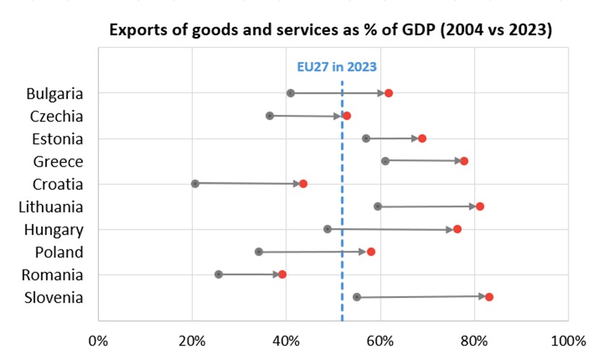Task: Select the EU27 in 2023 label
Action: coord(337,67)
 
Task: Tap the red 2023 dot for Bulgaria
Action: coord(389,93)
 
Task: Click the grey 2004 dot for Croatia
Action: coord(195,184)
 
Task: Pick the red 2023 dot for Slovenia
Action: coord(489,297)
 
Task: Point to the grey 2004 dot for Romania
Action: coord(218,275)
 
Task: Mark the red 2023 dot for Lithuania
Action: coord(480,207)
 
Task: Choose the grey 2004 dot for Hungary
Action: coord(327,229)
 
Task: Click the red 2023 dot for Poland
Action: coord(371,252)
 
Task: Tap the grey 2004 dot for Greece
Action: coord(385,160)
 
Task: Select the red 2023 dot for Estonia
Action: coord(422,138)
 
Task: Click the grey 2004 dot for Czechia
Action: coord(270,116)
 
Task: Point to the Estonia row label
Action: coord(57,139)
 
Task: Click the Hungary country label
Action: coord(53,230)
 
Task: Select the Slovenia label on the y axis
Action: coord(53,298)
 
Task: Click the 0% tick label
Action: coord(98,340)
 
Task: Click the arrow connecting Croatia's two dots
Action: coord(249,184)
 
